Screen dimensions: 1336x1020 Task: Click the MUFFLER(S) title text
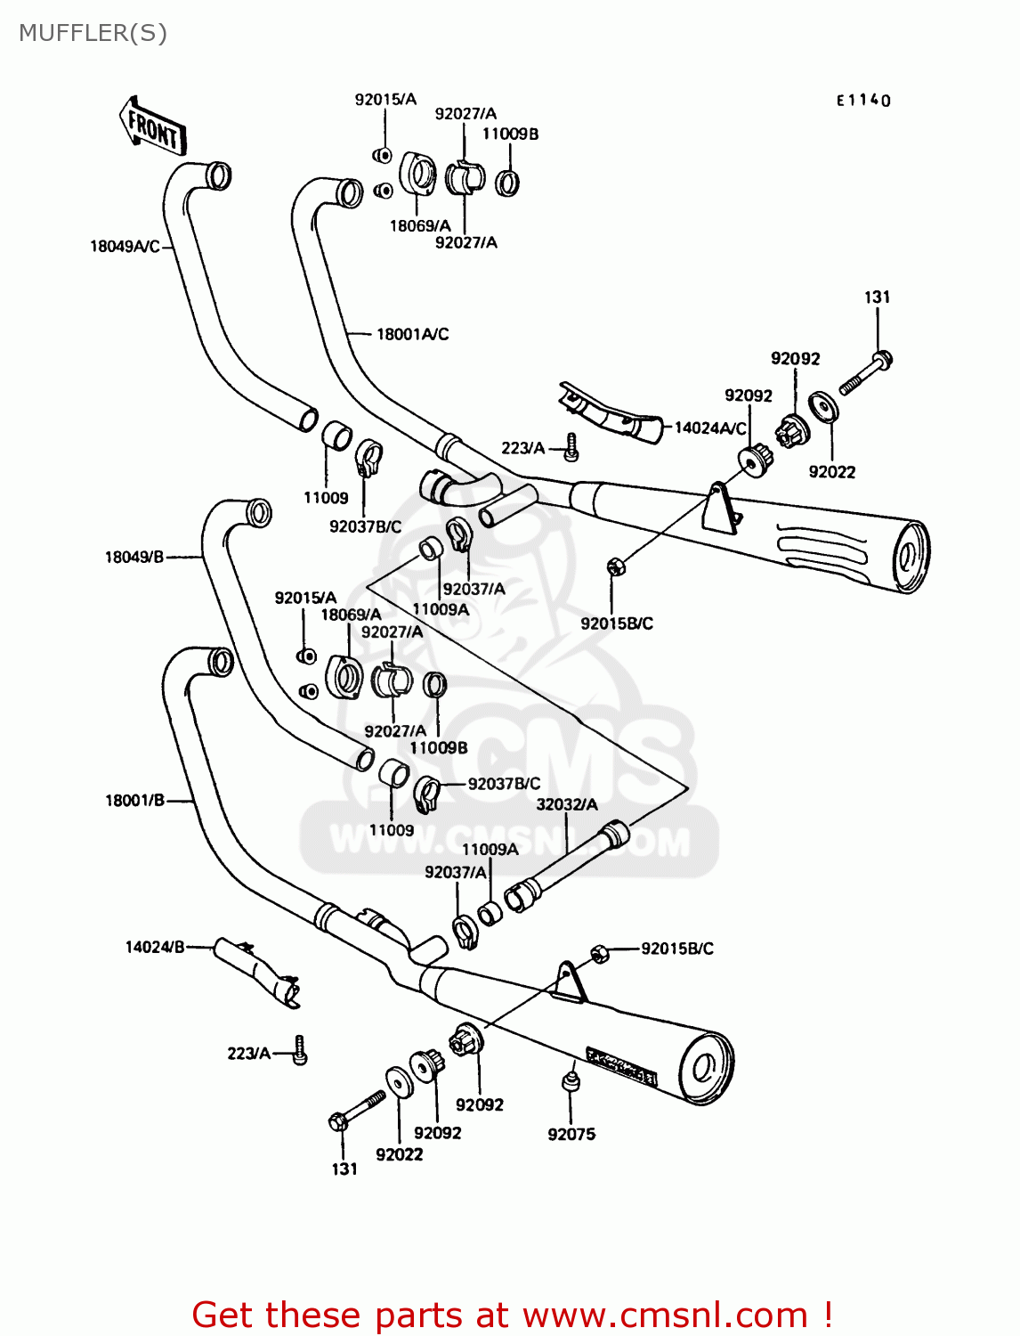[93, 33]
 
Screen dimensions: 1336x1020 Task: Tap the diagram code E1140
[862, 101]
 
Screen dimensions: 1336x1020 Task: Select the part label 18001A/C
[412, 334]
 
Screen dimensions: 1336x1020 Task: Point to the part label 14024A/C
[709, 428]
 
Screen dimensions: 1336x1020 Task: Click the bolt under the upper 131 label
[865, 373]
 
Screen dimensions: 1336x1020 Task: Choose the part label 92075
[571, 1134]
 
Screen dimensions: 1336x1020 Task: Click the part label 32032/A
[567, 804]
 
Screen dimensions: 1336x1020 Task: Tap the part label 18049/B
[134, 558]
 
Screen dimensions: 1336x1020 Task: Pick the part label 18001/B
[134, 801]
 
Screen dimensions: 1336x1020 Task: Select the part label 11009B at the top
[510, 134]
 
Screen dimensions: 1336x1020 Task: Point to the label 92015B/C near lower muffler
[677, 949]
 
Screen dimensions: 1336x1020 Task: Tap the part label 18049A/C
[125, 246]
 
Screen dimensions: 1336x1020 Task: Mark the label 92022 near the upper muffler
[831, 472]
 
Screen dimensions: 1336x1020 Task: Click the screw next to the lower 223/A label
[301, 1051]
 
